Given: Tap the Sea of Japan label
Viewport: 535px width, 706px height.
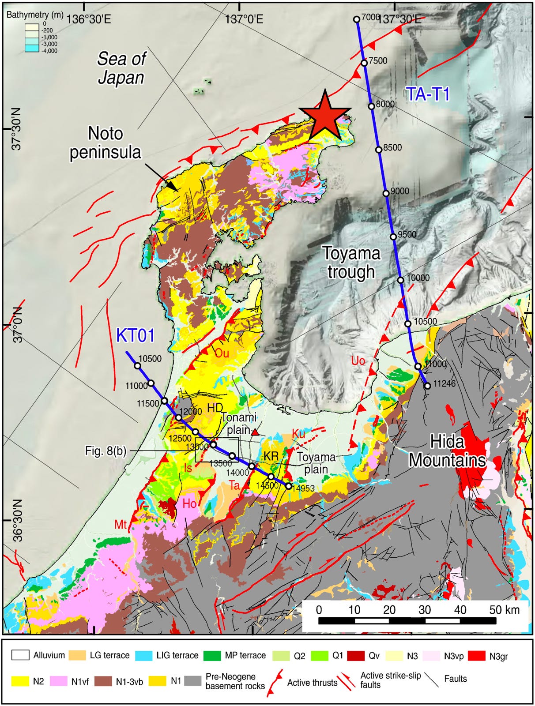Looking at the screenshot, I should click(x=121, y=68).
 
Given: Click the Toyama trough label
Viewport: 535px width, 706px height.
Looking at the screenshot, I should click(x=351, y=263).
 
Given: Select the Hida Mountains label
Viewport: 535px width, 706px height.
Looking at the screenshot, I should click(x=447, y=451).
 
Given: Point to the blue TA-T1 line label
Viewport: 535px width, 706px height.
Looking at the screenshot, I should click(x=427, y=94).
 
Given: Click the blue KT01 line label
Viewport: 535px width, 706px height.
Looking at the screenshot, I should click(x=136, y=336).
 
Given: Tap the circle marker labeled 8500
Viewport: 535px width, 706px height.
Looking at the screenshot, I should click(x=379, y=150).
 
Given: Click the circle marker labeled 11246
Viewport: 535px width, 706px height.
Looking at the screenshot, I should click(x=427, y=386).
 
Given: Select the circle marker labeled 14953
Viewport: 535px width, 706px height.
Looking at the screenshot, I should click(x=289, y=486).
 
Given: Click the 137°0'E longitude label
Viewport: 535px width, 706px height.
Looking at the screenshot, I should click(x=244, y=19).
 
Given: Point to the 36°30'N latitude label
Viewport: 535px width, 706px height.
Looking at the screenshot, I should click(x=16, y=521).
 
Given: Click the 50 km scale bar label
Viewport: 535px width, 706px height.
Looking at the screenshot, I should click(x=504, y=610).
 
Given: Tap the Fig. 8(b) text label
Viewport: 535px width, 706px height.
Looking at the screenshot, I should click(x=105, y=451).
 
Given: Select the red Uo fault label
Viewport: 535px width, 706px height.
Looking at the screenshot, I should click(x=358, y=361).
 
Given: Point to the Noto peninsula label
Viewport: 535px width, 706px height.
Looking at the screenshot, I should click(x=105, y=142).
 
